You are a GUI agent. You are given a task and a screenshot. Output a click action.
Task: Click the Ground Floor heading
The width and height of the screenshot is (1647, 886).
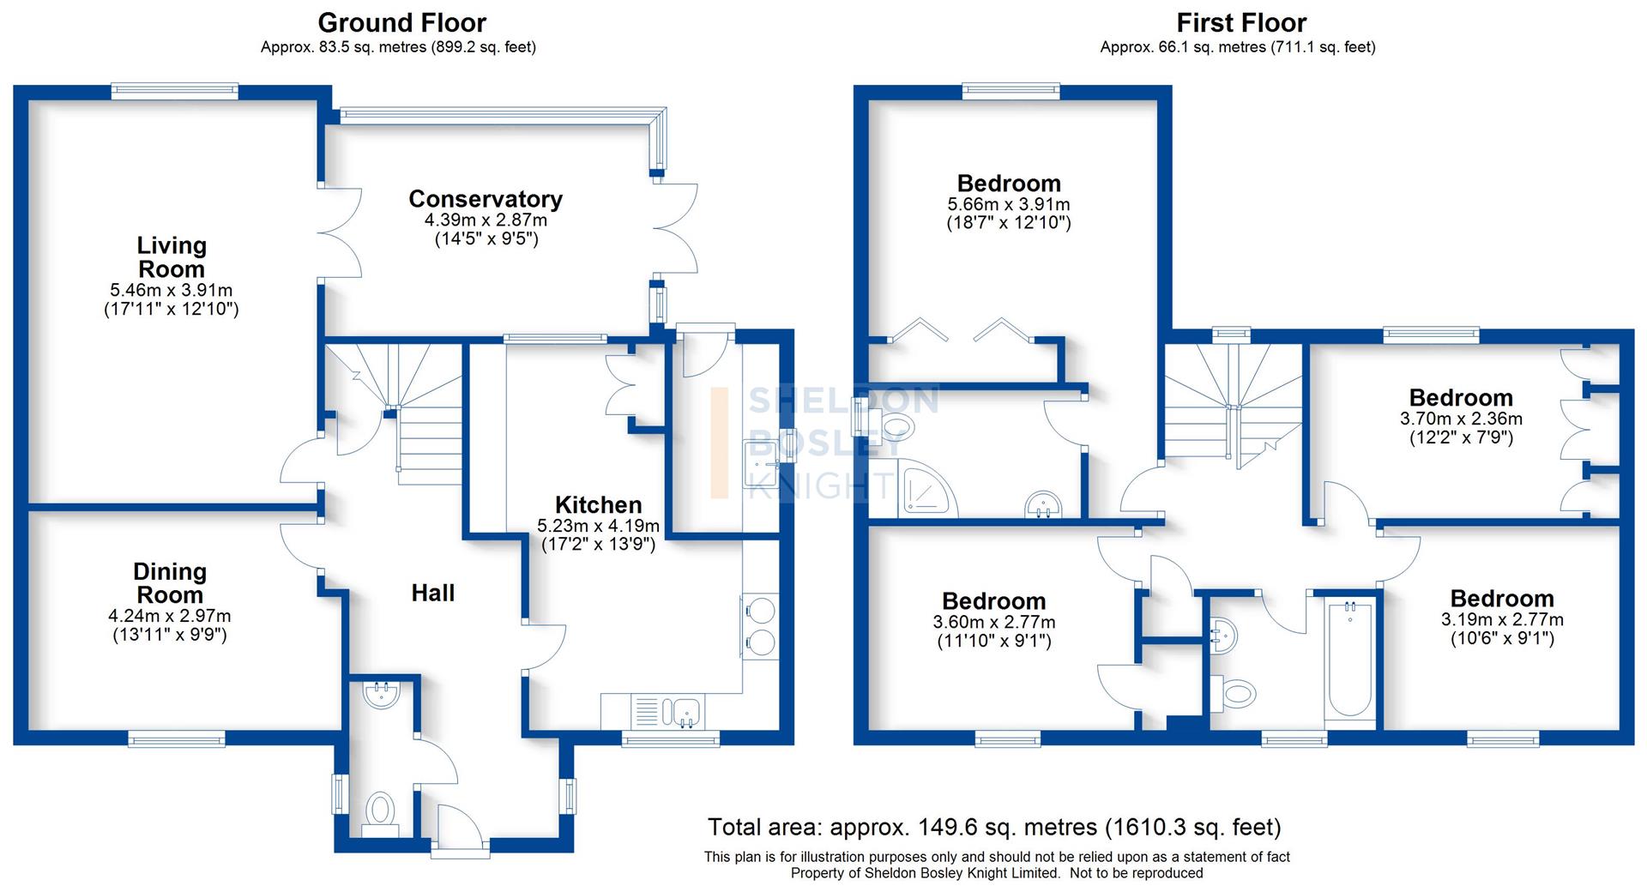click(x=401, y=22)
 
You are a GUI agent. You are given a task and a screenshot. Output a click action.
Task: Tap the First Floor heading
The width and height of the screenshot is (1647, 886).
click(x=1241, y=22)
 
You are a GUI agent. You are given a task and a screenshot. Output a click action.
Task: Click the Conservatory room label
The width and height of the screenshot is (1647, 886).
click(x=486, y=199)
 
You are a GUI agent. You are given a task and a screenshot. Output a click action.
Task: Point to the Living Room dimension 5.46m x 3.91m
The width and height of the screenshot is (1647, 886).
click(x=172, y=290)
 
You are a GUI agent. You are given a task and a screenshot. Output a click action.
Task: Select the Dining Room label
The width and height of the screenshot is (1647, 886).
click(x=170, y=583)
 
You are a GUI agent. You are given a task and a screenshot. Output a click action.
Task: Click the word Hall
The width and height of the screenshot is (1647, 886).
click(x=432, y=593)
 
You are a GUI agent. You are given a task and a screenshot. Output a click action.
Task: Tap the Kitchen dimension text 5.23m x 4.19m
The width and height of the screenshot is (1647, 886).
click(x=598, y=526)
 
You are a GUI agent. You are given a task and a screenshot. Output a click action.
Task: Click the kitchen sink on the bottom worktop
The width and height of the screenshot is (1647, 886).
click(x=686, y=711)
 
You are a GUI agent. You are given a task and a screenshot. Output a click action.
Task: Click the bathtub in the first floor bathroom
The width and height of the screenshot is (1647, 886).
click(x=1349, y=659)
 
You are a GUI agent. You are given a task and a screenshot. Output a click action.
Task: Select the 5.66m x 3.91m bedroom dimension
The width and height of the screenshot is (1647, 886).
click(x=1009, y=204)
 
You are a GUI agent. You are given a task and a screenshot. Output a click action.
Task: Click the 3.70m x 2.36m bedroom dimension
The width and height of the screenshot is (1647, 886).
click(x=1461, y=419)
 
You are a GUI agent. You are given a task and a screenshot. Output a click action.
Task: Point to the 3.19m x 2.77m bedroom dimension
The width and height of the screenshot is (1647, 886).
click(x=1502, y=619)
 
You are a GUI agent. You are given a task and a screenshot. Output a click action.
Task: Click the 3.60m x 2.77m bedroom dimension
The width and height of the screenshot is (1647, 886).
click(x=994, y=622)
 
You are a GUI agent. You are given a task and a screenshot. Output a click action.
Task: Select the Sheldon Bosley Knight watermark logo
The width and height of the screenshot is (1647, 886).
click(x=823, y=443)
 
